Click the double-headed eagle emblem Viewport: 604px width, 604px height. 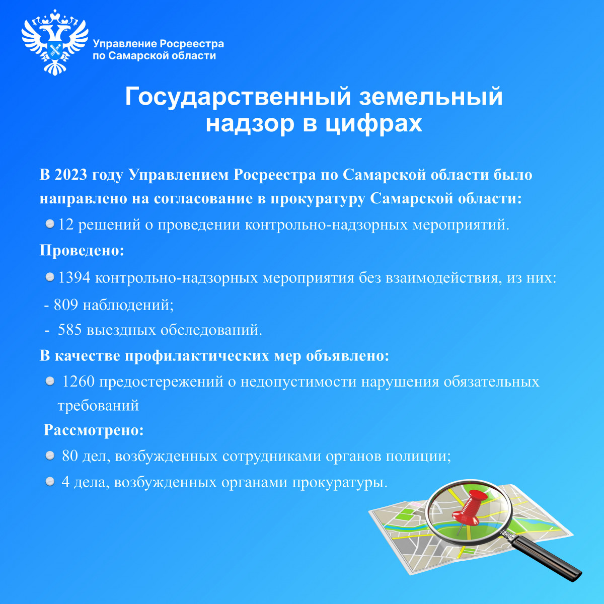[x=55, y=43]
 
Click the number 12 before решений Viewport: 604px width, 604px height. [x=66, y=224]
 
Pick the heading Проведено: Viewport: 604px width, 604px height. [x=82, y=251]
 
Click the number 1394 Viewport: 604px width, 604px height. [x=74, y=277]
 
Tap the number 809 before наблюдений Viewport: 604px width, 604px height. [x=66, y=305]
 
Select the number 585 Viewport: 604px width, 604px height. [x=70, y=330]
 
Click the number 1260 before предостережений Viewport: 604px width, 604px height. [x=79, y=382]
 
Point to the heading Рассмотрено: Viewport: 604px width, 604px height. [x=94, y=430]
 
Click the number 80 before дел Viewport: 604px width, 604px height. [x=70, y=456]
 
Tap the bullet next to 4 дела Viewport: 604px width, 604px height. [x=50, y=482]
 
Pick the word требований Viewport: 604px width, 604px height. [x=99, y=406]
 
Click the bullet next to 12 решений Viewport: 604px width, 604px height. [x=50, y=224]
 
